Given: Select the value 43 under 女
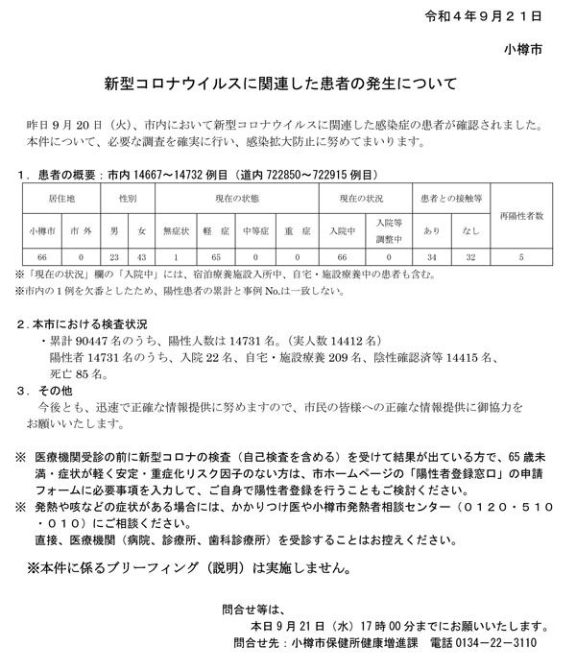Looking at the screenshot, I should pyautogui.click(x=142, y=257).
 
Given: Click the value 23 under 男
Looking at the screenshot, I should pyautogui.click(x=113, y=257).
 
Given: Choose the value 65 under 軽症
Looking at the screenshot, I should pyautogui.click(x=216, y=257).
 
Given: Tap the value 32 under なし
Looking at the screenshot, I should pyautogui.click(x=469, y=257).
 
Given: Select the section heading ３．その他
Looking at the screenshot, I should pyautogui.click(x=48, y=392).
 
